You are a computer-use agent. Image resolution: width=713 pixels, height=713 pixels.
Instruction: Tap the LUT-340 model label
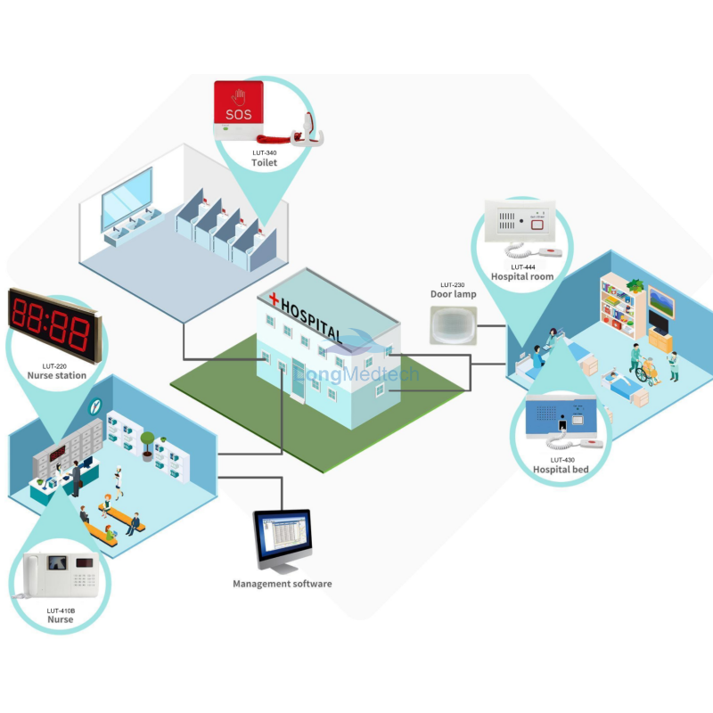click(264, 153)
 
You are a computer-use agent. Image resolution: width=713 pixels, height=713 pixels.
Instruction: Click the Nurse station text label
click(56, 375)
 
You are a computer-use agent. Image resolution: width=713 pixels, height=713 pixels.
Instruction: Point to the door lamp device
click(453, 325)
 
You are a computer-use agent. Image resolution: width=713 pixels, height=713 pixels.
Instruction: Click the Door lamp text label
click(453, 294)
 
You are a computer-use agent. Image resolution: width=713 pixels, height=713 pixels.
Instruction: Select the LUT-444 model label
click(523, 266)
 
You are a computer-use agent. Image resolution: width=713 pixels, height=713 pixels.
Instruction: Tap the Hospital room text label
click(522, 277)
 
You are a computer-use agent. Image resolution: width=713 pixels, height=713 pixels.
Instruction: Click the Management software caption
click(283, 584)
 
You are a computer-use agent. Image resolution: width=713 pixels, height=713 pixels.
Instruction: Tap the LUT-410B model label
click(61, 611)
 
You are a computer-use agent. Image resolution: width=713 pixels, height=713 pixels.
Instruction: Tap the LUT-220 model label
click(56, 365)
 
